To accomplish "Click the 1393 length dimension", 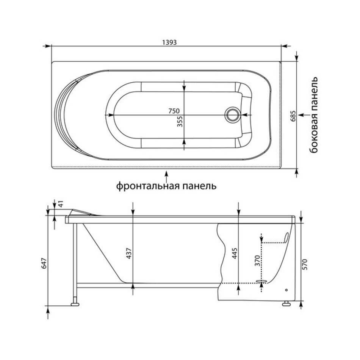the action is (169, 42).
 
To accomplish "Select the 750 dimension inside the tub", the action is (174, 111).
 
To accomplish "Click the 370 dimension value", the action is (257, 261).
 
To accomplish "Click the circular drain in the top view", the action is (232, 115).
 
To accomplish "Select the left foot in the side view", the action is (75, 304).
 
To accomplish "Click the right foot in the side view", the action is (286, 304).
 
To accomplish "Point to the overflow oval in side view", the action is (286, 237).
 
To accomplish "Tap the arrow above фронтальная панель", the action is (167, 176).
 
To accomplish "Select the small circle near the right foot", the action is (286, 290).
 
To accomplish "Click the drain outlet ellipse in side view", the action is (261, 281).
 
